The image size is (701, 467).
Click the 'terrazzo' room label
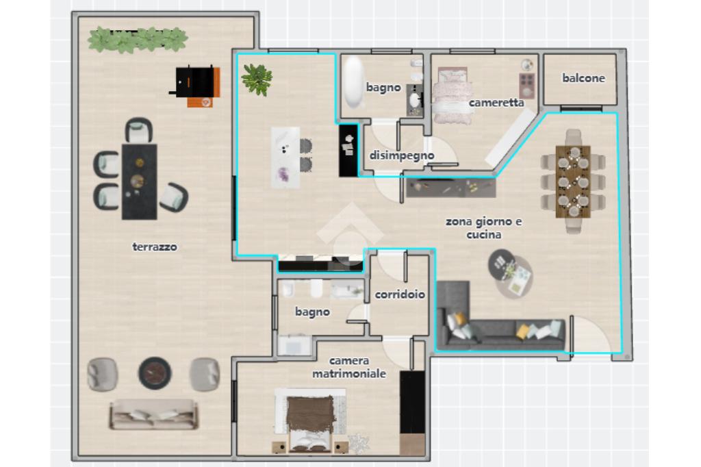pyautogui.click(x=155, y=247)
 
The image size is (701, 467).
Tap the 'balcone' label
pyautogui.click(x=583, y=78)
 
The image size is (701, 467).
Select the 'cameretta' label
pyautogui.click(x=496, y=103)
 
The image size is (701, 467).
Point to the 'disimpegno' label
pyautogui.click(x=401, y=155)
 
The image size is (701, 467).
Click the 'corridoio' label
pyautogui.click(x=400, y=294)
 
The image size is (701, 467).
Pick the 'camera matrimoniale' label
pyautogui.click(x=349, y=367)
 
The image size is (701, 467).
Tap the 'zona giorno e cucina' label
pyautogui.click(x=484, y=228)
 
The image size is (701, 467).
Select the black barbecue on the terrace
pyautogui.click(x=195, y=82)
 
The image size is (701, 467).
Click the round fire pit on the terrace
pyautogui.click(x=155, y=373)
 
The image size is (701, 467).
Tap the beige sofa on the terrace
pyautogui.click(x=154, y=414)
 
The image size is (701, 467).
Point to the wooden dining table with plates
pyautogui.click(x=573, y=181)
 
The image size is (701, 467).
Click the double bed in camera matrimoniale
pyautogui.click(x=310, y=420)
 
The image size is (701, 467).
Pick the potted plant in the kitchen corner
pyautogui.click(x=257, y=79)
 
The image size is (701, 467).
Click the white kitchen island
pyautogui.click(x=285, y=157)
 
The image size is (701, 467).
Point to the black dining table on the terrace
pyautogui.click(x=140, y=181)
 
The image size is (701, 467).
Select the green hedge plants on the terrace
pyautogui.click(x=137, y=39)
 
